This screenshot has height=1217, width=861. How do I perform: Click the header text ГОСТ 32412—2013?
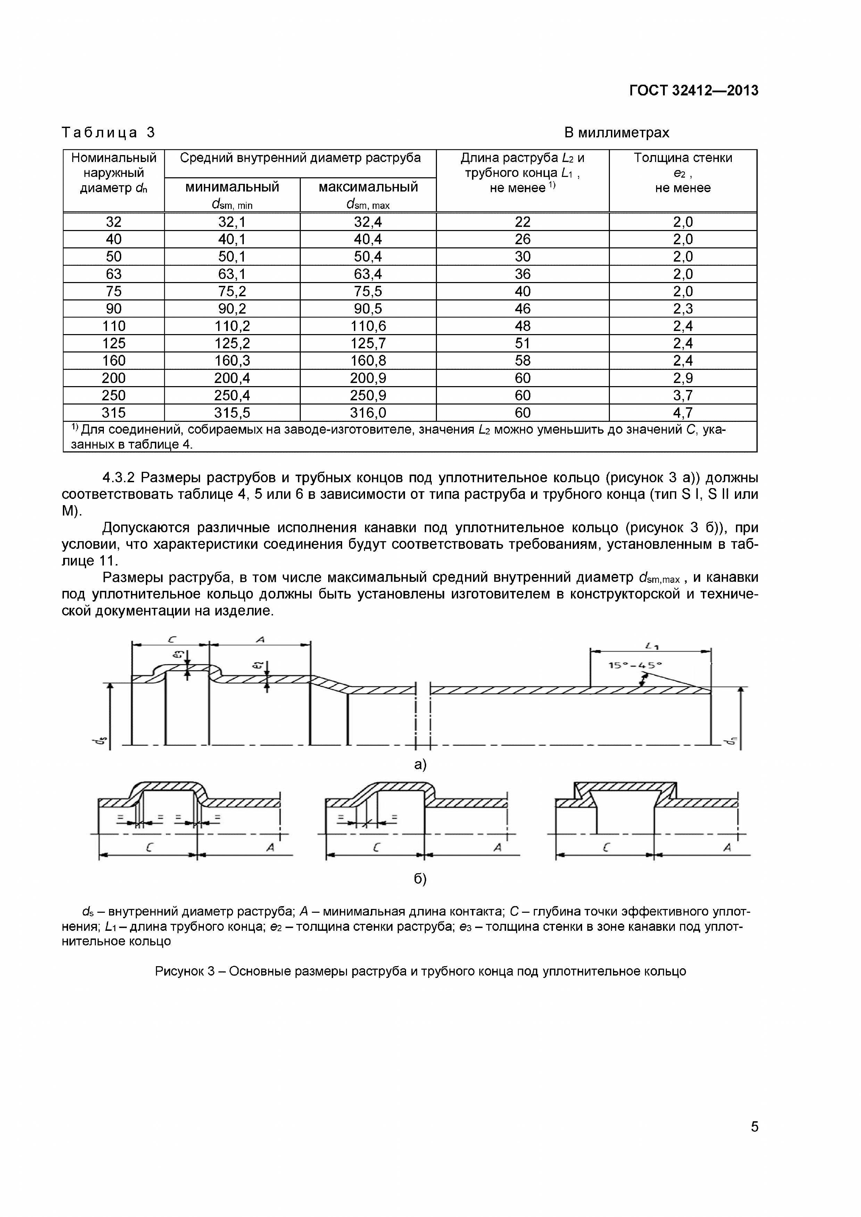tap(693, 91)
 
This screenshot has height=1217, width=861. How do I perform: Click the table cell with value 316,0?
tap(368, 413)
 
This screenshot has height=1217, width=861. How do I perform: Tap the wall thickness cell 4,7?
tap(683, 413)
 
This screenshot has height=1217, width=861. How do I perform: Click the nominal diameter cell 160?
tap(114, 361)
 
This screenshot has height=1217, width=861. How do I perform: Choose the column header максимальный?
tap(368, 187)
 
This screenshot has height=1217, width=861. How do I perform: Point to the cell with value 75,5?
tap(368, 291)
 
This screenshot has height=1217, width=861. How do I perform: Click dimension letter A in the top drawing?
tap(260, 640)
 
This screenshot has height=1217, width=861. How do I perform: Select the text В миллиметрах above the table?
tap(616, 133)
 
